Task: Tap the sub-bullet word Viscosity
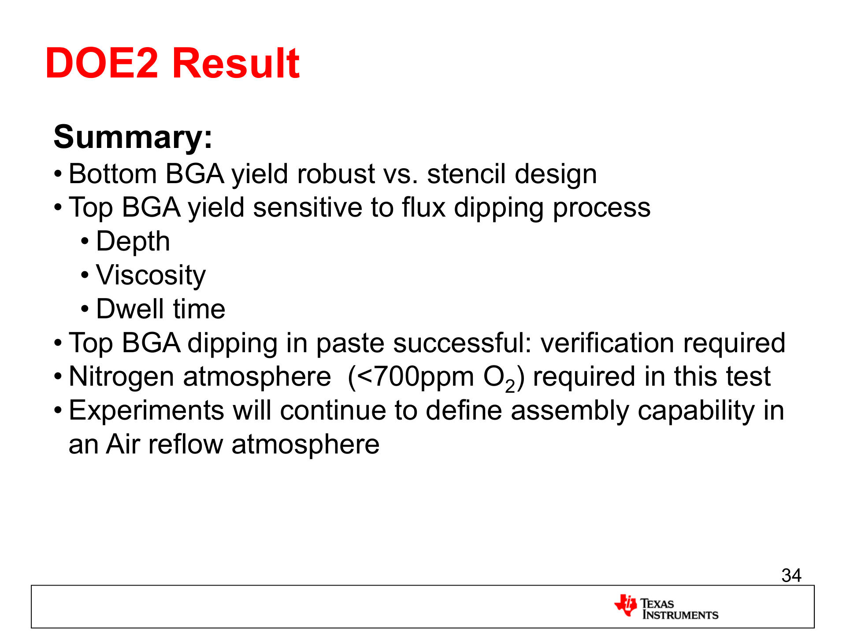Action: tap(151, 276)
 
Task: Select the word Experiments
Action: tap(147, 411)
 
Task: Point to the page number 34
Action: tap(791, 575)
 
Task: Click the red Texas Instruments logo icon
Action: tap(626, 605)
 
